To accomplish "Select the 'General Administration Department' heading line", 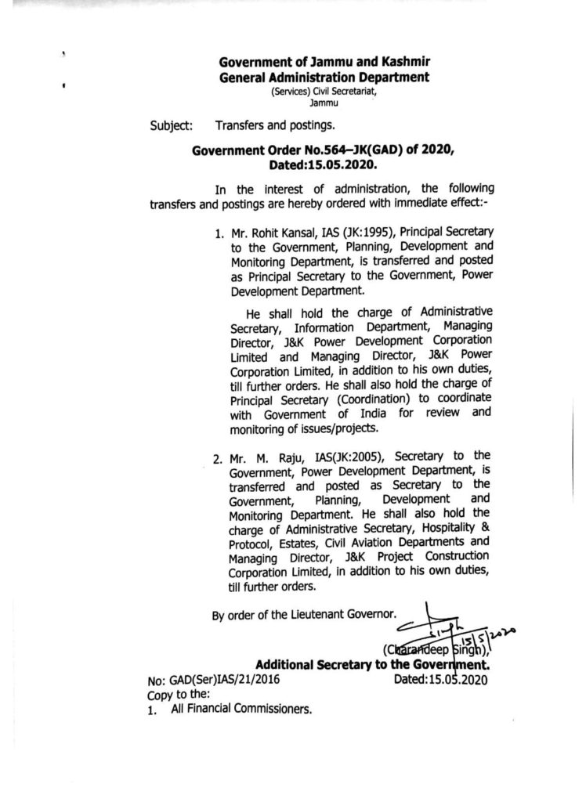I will click(x=324, y=77).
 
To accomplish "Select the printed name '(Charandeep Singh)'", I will click(x=435, y=648).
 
